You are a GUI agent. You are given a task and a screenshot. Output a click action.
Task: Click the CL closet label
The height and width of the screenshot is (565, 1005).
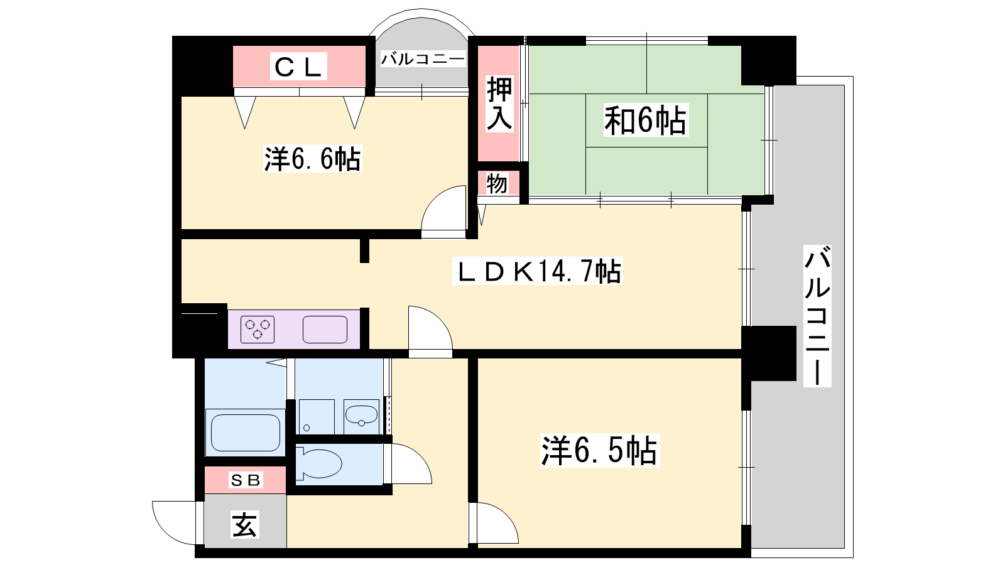point(298,67)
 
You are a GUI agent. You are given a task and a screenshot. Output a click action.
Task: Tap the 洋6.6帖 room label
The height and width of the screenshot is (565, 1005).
point(312,159)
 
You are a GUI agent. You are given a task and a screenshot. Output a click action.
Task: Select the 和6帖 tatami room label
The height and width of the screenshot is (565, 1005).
point(646,120)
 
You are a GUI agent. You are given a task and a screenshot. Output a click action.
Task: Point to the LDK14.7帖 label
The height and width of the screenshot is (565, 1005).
point(538,271)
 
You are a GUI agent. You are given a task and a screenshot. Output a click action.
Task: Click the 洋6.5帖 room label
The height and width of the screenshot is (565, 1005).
point(600,451)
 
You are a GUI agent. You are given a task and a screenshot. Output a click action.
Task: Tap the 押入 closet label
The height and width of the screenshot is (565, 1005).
point(499,104)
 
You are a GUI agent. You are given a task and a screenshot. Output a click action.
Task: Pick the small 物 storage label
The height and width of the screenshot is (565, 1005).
point(497,184)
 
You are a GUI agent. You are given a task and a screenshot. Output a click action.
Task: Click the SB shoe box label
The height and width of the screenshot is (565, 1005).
point(246,480)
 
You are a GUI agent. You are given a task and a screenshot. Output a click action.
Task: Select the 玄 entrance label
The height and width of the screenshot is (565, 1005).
point(245,525)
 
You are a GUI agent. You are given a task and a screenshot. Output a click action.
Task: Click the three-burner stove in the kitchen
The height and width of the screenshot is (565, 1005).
point(258,330)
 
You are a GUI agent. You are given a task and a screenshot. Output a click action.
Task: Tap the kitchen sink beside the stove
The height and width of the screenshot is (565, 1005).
point(325,330)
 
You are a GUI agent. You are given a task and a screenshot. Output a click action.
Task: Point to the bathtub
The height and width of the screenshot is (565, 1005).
point(246,433)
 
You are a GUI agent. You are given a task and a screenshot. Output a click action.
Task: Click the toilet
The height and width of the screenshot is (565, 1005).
point(319,464)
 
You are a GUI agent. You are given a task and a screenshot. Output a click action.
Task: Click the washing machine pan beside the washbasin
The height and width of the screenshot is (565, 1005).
point(317,417)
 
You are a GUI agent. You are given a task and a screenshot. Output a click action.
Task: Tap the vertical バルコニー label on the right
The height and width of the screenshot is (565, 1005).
point(817,316)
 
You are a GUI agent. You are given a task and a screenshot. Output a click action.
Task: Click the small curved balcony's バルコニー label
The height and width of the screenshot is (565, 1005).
point(422,59)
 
